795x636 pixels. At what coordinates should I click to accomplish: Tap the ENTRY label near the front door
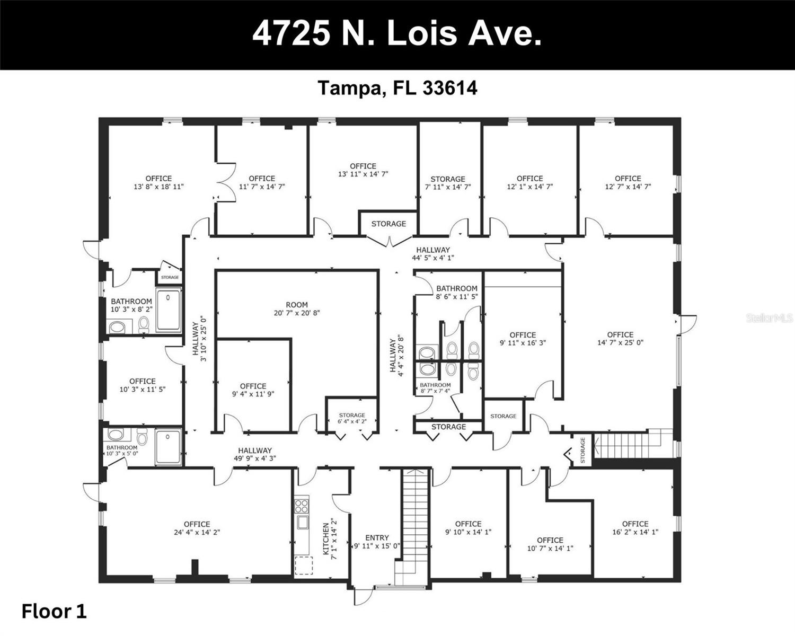click(377, 537)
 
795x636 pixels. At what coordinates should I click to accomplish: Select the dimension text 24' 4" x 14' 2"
click(197, 532)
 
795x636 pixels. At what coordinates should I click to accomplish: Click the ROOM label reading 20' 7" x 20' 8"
click(297, 305)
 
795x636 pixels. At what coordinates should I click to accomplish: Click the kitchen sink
click(303, 522)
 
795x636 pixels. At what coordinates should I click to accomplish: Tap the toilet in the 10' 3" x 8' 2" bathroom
click(144, 324)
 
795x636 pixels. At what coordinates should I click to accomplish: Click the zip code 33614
click(450, 88)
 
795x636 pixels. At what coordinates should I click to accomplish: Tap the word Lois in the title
click(422, 34)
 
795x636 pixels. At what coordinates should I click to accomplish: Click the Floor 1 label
click(54, 612)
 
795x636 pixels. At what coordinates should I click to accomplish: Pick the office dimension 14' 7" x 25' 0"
click(620, 342)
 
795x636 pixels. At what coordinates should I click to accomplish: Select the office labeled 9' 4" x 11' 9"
click(253, 390)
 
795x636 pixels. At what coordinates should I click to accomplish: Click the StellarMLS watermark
click(770, 318)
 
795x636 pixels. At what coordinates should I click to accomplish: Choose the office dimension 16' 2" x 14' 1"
click(635, 532)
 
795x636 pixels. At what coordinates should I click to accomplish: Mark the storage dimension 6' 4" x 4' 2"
click(352, 422)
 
